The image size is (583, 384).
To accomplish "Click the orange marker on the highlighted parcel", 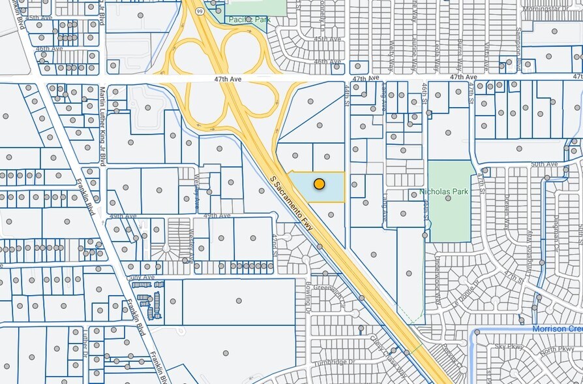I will (319, 184).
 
